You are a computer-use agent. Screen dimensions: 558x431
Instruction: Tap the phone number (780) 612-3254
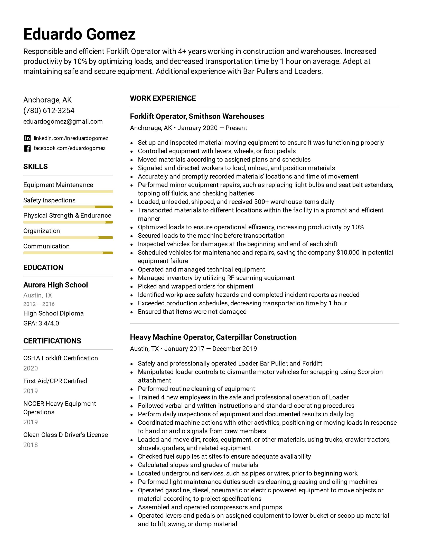coord(49,111)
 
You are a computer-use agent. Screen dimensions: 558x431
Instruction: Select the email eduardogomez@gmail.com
coord(63,121)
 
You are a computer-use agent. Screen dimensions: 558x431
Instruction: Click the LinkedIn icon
coord(27,138)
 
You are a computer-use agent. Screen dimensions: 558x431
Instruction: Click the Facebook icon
coord(27,148)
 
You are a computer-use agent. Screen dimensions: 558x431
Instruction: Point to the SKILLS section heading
coord(36,167)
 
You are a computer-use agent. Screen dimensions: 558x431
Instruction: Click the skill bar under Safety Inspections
coord(68,207)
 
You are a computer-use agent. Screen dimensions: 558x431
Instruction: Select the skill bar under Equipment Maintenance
coord(68,192)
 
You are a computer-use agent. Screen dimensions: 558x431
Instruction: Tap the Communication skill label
coord(46,246)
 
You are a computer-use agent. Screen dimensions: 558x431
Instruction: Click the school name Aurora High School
coord(55,285)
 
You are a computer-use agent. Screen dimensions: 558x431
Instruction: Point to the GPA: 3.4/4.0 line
coord(41,323)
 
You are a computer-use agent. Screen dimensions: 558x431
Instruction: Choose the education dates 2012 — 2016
coord(39,304)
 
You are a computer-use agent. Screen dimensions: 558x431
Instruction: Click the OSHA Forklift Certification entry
coord(61,358)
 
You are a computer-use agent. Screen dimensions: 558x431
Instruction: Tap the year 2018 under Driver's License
coord(31,445)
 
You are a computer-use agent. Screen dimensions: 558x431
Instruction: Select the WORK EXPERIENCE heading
coord(163,98)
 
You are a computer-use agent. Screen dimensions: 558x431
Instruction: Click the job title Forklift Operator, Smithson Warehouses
coord(197,117)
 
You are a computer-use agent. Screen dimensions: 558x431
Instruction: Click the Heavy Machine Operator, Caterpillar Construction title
coord(213,337)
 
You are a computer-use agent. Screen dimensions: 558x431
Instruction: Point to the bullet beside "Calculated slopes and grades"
coord(132,465)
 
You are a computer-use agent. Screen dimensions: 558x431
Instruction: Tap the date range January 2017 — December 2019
coord(210,349)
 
